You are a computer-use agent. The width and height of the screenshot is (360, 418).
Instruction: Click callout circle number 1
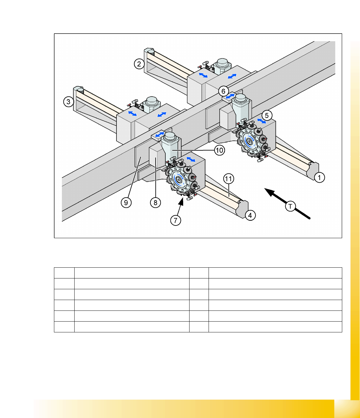319,177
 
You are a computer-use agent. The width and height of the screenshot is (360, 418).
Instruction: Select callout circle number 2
139,64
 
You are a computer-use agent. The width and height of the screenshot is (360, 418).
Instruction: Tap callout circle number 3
69,101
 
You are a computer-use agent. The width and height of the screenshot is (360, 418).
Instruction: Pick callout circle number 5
267,115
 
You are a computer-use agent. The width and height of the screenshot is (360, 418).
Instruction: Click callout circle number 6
223,91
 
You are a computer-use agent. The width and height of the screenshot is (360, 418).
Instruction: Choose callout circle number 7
176,220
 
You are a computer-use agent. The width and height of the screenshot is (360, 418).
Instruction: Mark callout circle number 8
156,202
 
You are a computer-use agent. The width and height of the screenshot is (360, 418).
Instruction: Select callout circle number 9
126,202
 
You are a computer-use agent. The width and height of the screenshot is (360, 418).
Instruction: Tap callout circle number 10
219,150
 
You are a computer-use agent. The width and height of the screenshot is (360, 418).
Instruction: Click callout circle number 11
229,179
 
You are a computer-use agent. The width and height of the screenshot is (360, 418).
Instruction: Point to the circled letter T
290,206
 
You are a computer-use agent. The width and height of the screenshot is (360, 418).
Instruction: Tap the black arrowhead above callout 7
181,202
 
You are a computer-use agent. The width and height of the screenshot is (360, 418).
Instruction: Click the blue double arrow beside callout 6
230,96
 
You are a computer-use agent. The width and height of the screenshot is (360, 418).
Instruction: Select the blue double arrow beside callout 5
262,121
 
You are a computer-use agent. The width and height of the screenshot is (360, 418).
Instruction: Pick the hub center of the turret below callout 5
249,141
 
